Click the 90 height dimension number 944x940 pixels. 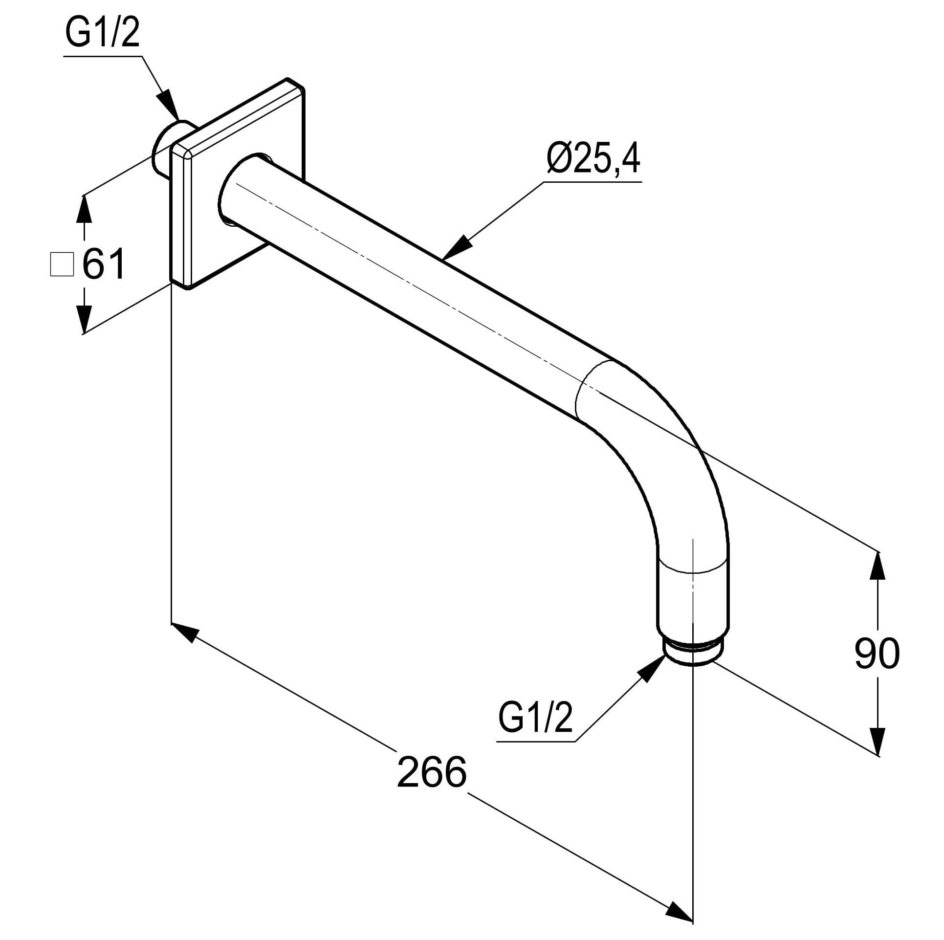[877, 654]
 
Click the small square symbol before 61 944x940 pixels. [62, 264]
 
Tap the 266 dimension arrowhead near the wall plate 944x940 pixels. [186, 633]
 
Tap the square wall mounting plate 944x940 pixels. [238, 183]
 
